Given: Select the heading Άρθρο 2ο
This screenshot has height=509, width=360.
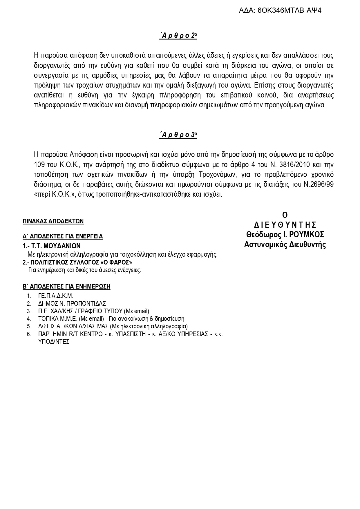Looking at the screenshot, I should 178,36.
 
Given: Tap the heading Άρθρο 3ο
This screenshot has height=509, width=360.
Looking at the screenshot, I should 178,135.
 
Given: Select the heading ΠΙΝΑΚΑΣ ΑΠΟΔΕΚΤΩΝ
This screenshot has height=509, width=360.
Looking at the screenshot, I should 53,221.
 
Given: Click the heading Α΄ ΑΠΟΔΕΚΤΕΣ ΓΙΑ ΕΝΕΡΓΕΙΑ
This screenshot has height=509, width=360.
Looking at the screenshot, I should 63,236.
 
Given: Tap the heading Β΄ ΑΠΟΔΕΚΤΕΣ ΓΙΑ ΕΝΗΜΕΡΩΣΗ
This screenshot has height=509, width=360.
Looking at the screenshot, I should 66,287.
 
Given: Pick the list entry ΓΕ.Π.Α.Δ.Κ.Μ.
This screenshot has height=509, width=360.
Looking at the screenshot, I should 56,296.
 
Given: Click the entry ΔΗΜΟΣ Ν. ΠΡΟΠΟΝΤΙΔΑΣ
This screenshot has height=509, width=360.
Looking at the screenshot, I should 72,304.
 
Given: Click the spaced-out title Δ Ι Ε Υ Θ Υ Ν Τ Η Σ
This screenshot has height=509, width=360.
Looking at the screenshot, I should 285,225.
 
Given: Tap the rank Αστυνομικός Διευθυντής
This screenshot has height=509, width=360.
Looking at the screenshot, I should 285,244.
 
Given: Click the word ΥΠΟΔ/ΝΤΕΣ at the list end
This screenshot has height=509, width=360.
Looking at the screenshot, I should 54,341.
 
